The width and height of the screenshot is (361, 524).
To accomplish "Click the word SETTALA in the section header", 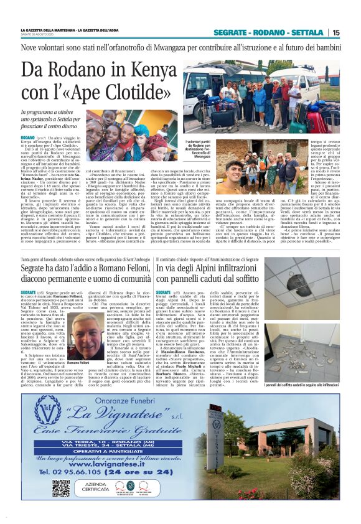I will coord(307,32).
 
